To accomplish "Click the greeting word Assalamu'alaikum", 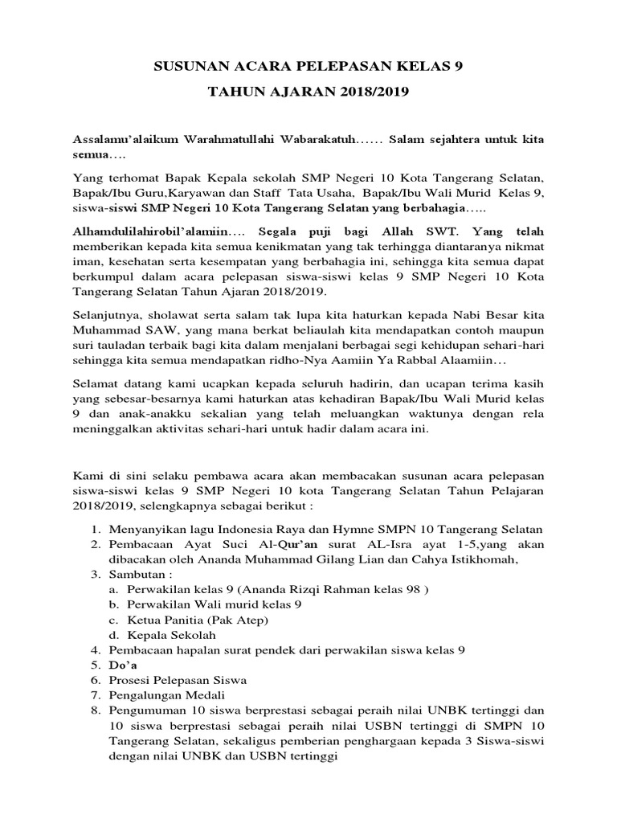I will (x=126, y=139).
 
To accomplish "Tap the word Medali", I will (x=204, y=695).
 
